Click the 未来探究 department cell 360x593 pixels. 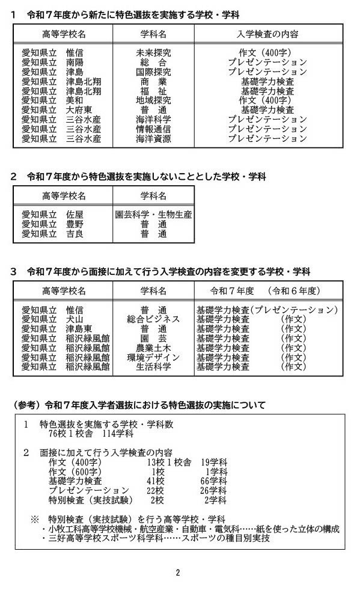[x=153, y=53]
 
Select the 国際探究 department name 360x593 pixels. [x=153, y=72]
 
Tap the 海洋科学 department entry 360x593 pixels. [x=153, y=120]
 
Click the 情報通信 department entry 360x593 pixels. [x=153, y=129]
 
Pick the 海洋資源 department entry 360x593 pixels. [x=153, y=139]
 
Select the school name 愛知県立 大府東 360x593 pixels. [x=58, y=110]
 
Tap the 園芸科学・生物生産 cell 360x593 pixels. [x=153, y=215]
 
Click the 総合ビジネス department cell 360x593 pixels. [x=153, y=319]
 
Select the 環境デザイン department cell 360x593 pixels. [x=153, y=357]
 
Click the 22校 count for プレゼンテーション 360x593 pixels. [x=156, y=491]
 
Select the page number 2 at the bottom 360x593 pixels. [x=178, y=573]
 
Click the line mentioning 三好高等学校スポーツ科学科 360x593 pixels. [x=159, y=538]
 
